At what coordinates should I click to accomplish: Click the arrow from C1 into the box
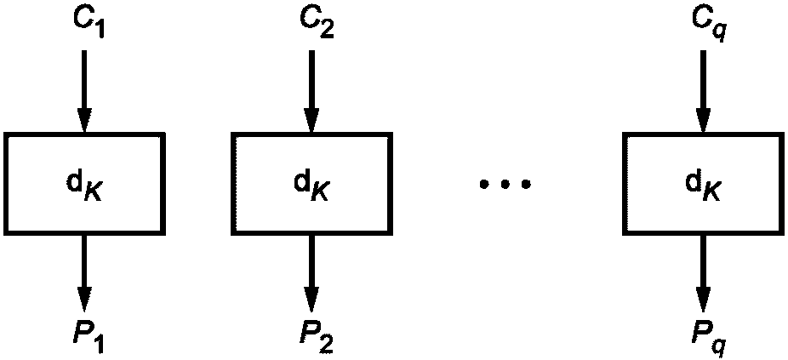84,91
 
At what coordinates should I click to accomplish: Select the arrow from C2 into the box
311,91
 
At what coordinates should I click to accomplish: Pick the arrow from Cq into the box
703,91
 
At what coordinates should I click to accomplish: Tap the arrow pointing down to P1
84,273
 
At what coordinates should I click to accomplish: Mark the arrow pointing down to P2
311,273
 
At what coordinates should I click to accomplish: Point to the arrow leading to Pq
703,273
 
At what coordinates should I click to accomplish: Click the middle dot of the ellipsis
505,185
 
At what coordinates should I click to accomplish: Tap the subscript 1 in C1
100,30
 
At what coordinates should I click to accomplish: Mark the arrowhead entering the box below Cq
703,120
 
